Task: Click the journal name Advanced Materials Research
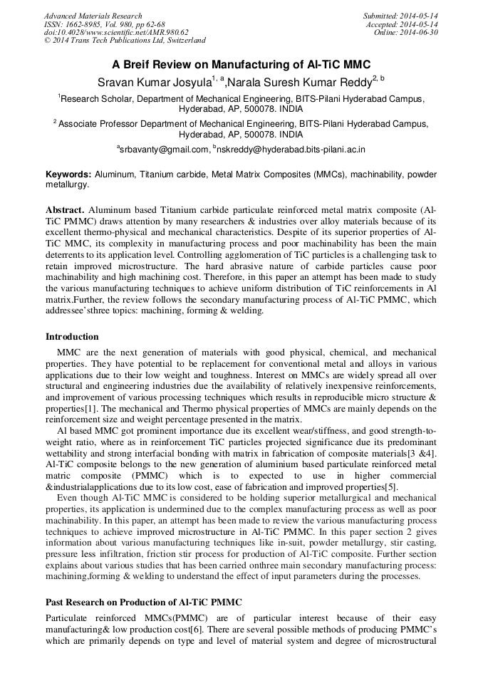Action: click(x=93, y=16)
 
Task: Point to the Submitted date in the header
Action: click(x=400, y=16)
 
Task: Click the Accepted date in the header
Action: click(x=402, y=24)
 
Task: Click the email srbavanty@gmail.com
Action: click(x=165, y=150)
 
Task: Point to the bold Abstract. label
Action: click(x=66, y=211)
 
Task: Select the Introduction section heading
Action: click(x=72, y=337)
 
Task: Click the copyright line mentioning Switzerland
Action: click(x=125, y=41)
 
